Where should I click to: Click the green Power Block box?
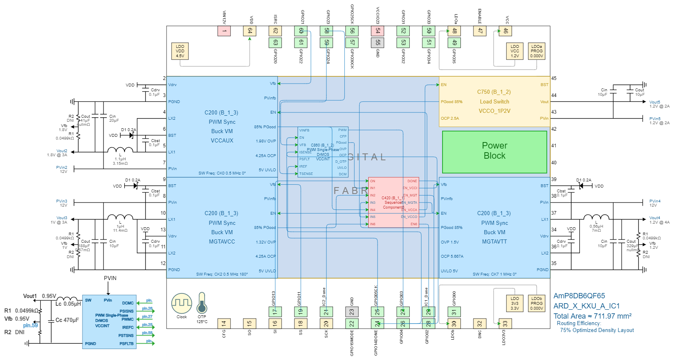coord(495,152)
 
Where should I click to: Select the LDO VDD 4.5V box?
coord(180,52)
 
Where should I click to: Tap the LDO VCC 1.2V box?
coord(514,52)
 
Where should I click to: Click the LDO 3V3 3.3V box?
coord(514,304)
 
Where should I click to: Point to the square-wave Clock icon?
coord(181,303)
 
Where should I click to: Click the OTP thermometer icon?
coord(202,303)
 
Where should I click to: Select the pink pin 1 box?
coord(224,31)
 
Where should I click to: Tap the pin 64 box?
coord(250,31)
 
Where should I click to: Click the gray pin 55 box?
coord(378,42)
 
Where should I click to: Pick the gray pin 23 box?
coord(352,312)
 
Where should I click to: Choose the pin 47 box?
coord(480,31)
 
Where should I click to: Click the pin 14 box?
coord(224,323)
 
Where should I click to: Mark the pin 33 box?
coord(505,323)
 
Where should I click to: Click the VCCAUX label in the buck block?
coord(222,140)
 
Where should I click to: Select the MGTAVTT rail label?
coord(495,241)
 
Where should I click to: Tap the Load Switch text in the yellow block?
coord(495,102)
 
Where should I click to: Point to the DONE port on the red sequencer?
coord(412,181)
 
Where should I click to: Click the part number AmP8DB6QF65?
coord(579,296)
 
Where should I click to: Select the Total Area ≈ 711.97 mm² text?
coord(592,316)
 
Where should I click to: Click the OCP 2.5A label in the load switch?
coord(450,119)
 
